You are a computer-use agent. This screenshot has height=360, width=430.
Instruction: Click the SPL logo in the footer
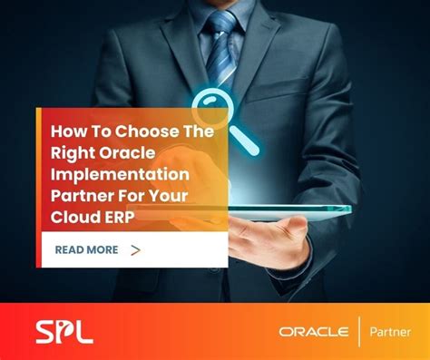tap(64, 330)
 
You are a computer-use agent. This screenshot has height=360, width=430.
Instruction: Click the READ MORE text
tap(87, 249)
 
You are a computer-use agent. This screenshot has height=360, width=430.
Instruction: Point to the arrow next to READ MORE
tap(135, 249)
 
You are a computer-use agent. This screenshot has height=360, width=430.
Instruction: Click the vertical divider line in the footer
tap(359, 331)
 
